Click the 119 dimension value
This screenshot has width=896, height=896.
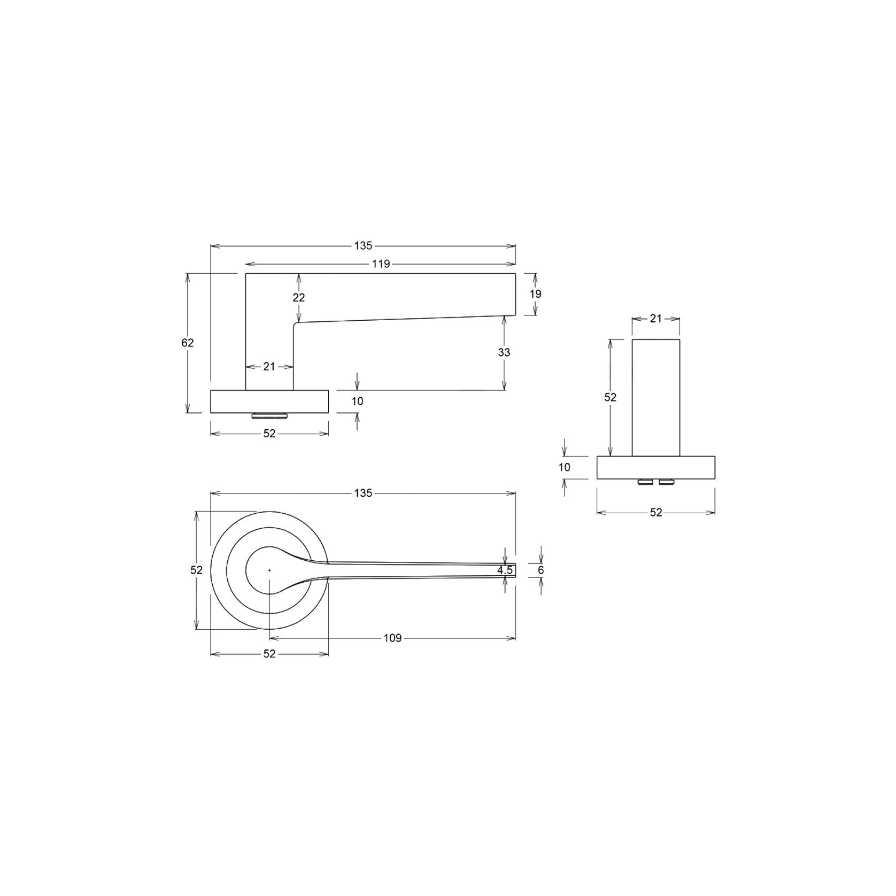point(381,264)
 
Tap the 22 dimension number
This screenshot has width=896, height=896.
point(299,297)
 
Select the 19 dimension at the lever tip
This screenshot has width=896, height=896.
point(536,293)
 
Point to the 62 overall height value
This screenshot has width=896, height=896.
point(187,343)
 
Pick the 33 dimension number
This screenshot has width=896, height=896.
point(504,352)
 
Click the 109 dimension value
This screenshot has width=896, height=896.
point(392,638)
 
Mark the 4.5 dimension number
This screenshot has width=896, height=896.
point(505,570)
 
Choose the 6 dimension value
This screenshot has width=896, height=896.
point(541,570)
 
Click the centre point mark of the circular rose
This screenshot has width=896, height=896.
point(269,570)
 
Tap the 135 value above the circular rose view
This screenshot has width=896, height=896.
point(363,493)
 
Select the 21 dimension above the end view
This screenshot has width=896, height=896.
point(656,319)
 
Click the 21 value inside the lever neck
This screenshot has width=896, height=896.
point(269,366)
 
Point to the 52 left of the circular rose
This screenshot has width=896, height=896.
point(197,570)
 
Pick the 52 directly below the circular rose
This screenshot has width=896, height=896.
point(269,653)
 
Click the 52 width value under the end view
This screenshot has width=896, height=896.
point(656,512)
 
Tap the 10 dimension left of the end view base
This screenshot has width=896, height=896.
point(565,467)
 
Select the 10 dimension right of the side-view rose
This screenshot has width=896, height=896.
point(358,401)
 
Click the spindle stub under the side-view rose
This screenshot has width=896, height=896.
point(269,415)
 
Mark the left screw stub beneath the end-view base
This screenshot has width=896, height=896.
point(645,482)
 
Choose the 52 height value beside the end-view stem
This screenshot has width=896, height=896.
point(610,397)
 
